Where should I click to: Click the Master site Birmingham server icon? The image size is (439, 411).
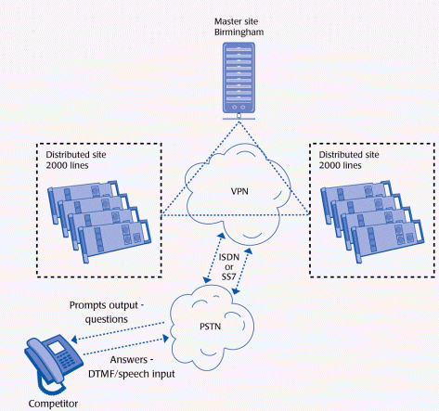click(x=239, y=81)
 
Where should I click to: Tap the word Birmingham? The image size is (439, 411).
click(x=239, y=32)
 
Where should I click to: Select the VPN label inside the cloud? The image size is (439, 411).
click(x=239, y=191)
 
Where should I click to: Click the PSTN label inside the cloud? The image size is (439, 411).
click(x=210, y=327)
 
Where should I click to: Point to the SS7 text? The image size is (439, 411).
click(x=228, y=276)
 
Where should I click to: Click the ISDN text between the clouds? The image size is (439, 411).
click(x=229, y=257)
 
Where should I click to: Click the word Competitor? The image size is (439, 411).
click(x=53, y=404)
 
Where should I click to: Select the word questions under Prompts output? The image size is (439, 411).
click(x=107, y=319)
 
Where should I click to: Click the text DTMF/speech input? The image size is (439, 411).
click(x=132, y=374)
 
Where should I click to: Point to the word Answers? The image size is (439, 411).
click(x=129, y=360)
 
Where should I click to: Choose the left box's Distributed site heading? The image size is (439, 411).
click(x=76, y=155)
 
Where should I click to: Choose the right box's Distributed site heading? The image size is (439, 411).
click(x=349, y=155)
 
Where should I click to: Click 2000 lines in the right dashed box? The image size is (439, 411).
click(x=340, y=165)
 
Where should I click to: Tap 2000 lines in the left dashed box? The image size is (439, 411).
click(x=67, y=165)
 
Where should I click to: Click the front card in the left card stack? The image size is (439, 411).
click(x=115, y=240)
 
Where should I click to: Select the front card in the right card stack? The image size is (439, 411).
click(x=388, y=240)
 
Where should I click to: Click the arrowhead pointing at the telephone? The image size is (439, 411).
click(x=74, y=340)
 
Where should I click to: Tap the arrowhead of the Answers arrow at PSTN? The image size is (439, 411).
click(x=166, y=338)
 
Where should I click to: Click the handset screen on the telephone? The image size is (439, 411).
click(x=57, y=348)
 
